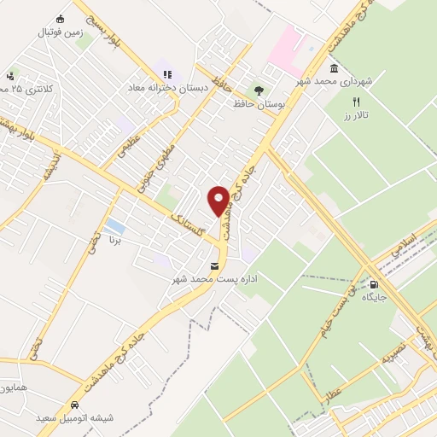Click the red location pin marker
click(x=219, y=201)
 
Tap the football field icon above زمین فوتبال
click(x=59, y=19)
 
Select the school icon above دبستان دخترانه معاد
click(x=167, y=74)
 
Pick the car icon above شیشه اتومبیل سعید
click(x=74, y=405)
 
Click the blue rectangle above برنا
click(x=114, y=226)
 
